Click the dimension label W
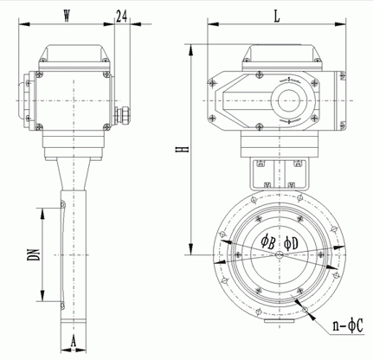tap(67, 16)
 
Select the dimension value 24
tap(121, 16)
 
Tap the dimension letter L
tap(277, 16)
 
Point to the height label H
tap(183, 149)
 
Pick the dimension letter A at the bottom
tap(74, 342)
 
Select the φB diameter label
tap(267, 242)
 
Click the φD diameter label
tap(291, 243)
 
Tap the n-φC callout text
tap(348, 325)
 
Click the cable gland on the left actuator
tap(123, 115)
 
